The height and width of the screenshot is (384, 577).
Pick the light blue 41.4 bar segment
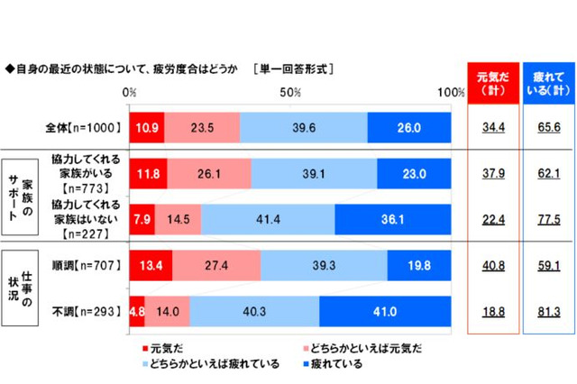pyautogui.click(x=268, y=219)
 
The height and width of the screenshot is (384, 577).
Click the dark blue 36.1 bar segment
pyautogui.click(x=392, y=219)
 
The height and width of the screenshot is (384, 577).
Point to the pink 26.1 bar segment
pyautogui.click(x=209, y=173)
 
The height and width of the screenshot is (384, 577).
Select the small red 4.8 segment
pyautogui.click(x=137, y=311)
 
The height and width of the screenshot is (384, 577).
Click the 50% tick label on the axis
pyautogui.click(x=290, y=93)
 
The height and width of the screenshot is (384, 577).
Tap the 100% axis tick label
pyautogui.click(x=449, y=93)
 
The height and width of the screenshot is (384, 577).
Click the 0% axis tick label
pyautogui.click(x=130, y=93)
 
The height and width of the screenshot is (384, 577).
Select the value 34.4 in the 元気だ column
pyautogui.click(x=491, y=128)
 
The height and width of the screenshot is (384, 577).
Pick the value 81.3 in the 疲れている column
pyautogui.click(x=547, y=311)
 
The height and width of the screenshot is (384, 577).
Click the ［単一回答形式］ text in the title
pyautogui.click(x=295, y=68)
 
